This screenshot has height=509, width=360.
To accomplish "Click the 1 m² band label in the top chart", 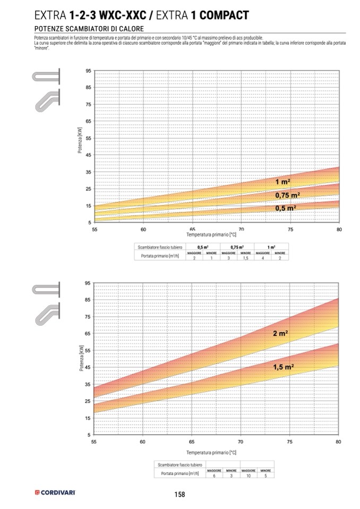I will click(x=282, y=182).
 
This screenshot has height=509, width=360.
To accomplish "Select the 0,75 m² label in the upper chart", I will click(x=287, y=195).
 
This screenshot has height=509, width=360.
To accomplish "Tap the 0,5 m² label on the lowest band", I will click(x=286, y=209).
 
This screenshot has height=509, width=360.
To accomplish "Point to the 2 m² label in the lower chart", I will click(x=280, y=333).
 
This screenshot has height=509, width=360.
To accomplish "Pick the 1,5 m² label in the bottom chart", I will click(x=284, y=367).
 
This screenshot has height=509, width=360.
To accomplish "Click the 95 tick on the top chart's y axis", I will click(x=88, y=71).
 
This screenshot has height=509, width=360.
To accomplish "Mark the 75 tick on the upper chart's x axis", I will click(x=290, y=229).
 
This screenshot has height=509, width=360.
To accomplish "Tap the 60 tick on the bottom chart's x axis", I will click(x=143, y=442).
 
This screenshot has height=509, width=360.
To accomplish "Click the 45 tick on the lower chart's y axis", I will click(x=88, y=367).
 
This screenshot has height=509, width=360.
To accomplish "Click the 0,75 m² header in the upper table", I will click(x=237, y=247).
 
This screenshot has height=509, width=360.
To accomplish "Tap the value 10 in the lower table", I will click(x=248, y=476).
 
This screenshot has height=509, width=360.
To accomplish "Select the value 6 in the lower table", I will click(x=214, y=476).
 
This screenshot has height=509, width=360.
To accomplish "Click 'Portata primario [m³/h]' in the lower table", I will click(x=177, y=473).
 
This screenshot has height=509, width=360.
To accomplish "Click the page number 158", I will click(x=179, y=495).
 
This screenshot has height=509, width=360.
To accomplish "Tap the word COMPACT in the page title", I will click(x=221, y=16).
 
